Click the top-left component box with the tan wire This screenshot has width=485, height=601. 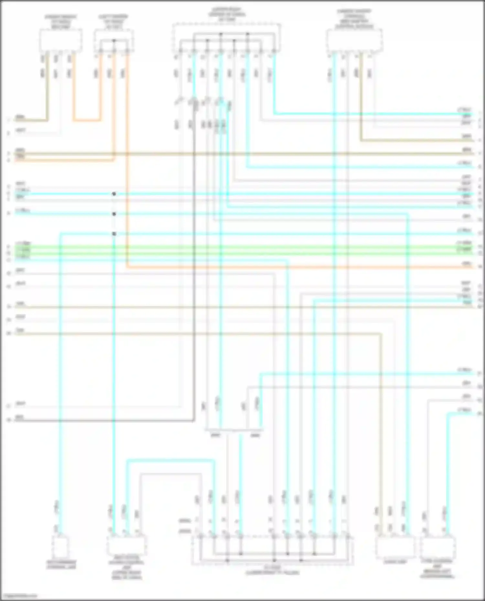[60, 40]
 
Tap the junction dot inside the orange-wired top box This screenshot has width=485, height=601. [114, 41]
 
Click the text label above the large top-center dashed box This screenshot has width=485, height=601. [227, 15]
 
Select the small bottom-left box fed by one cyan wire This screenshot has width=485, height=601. [60, 547]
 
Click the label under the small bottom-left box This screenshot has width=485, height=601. [61, 565]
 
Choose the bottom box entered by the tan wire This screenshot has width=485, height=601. [395, 546]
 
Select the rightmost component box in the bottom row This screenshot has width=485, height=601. [438, 546]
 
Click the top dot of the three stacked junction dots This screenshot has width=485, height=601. [114, 194]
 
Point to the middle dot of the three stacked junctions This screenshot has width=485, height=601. [114, 214]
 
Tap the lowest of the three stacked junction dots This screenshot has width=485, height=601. [114, 234]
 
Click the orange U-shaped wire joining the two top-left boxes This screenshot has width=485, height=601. [87, 121]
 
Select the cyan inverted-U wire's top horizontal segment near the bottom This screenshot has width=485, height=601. [170, 460]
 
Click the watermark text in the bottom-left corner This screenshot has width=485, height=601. [19, 596]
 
